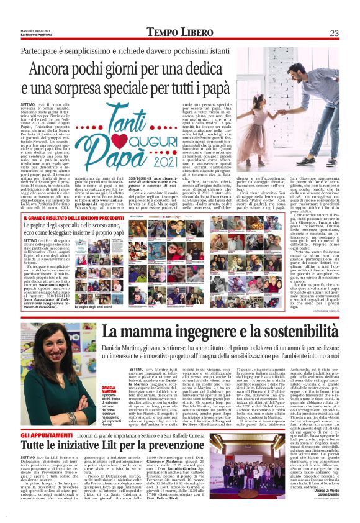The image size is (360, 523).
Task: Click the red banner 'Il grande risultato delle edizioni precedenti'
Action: [x=73, y=218]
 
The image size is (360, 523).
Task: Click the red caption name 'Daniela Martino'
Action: [x=91, y=372]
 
